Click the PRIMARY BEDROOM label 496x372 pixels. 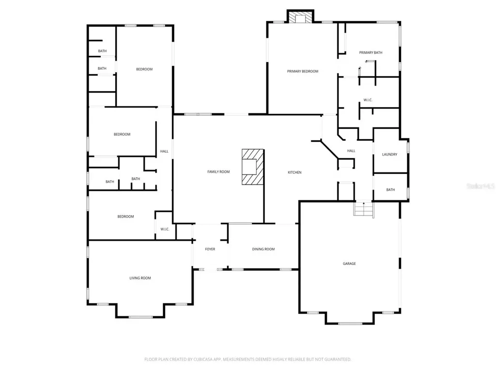pos(302,72)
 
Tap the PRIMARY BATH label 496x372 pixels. pos(371,52)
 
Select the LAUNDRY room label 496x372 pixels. pos(389,155)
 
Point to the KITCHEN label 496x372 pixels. pos(294,172)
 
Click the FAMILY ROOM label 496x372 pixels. pos(218,172)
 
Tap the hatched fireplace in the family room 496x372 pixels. pos(253,167)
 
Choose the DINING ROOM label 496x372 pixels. pos(263,249)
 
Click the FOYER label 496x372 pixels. pos(210,249)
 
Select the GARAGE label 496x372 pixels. pos(349,263)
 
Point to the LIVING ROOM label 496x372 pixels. pos(140,278)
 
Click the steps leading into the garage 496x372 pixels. pos(364,209)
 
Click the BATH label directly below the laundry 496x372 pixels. pos(390,190)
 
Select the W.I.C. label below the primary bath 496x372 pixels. pos(368,100)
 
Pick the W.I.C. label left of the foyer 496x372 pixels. pos(165,229)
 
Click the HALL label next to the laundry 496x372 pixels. pos(351,151)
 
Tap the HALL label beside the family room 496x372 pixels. pos(164,151)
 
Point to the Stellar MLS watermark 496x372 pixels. pos(480,186)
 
